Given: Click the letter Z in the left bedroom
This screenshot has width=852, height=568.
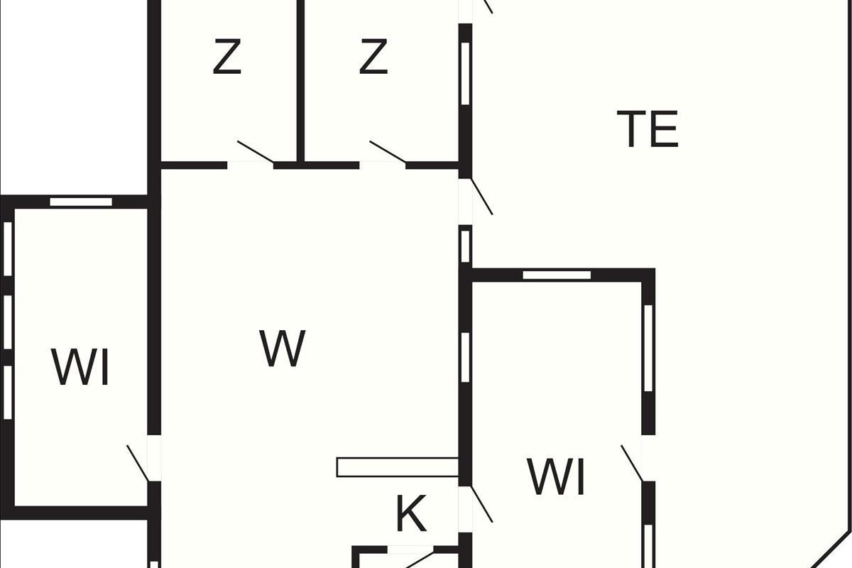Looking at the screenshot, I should tap(227, 58).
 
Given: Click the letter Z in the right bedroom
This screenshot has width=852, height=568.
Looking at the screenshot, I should tap(373, 58).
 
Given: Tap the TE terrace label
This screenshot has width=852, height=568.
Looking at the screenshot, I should tap(648, 129).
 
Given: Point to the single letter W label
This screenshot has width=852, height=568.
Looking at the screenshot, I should tap(283, 349).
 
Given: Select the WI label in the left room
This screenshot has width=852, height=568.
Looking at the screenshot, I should tap(80, 368).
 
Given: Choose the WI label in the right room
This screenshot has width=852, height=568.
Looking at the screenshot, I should tap(557, 477).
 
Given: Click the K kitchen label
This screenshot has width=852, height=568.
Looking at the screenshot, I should tap(411, 515).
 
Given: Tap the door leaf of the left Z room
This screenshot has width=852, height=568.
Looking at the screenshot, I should tap(256, 152).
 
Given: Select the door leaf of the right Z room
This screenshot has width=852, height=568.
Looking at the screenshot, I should tap(388, 152).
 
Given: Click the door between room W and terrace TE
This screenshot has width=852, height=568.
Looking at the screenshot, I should tap(481, 196).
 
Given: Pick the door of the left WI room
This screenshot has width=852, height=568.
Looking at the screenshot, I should tap(138, 463).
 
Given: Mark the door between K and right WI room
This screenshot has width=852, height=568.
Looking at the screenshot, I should tap(481, 504).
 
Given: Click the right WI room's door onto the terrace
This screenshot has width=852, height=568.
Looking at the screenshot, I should tap(632, 463).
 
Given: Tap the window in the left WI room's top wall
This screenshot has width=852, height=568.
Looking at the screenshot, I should tap(81, 202).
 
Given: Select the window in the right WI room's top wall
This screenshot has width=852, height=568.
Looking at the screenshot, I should tap(557, 275).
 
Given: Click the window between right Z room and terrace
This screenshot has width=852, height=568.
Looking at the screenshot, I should tap(466, 74).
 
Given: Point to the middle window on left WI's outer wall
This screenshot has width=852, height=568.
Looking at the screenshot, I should tap(8, 322).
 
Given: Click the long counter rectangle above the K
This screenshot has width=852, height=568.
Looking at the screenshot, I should tap(398, 467).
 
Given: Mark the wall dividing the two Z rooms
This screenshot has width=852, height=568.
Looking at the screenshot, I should tap(300, 82).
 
